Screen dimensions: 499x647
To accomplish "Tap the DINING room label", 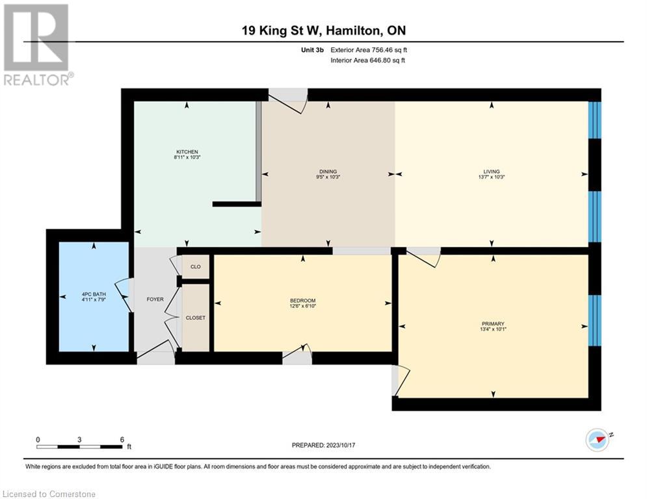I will tap(328, 172).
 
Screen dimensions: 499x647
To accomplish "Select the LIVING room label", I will tap(491, 172).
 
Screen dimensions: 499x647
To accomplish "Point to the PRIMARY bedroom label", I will tap(493, 324).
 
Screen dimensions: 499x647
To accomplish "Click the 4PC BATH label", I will tap(94, 294).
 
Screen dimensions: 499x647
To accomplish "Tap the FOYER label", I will tap(155, 300).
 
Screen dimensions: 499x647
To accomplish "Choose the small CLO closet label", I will tap(195, 267).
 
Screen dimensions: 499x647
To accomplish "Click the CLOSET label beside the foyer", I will tap(195, 318).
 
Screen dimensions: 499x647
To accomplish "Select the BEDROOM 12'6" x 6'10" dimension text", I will tap(302, 306).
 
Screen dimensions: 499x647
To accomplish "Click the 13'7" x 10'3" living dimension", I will tap(491, 177).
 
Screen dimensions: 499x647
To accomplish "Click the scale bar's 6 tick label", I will tap(122, 439).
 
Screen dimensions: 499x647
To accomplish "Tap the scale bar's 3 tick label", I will tap(79, 439).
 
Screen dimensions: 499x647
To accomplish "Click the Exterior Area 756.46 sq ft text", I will tap(369, 49).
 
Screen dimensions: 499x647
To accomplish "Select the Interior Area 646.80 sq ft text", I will tap(369, 60).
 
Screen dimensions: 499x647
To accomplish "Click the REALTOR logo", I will tap(36, 44).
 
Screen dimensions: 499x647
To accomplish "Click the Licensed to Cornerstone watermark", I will tap(49, 494).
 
